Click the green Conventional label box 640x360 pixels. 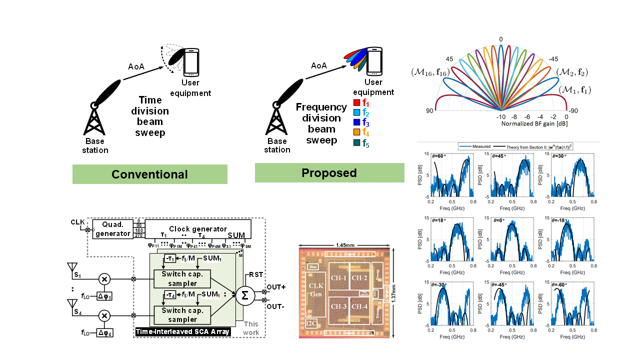tap(149, 174)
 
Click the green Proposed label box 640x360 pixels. tap(329, 173)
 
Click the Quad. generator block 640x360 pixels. tap(113, 229)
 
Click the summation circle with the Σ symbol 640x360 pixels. tap(245, 295)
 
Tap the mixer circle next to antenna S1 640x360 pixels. tap(104, 279)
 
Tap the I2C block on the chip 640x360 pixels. tap(312, 322)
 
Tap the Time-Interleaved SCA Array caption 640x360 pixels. tap(182, 331)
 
